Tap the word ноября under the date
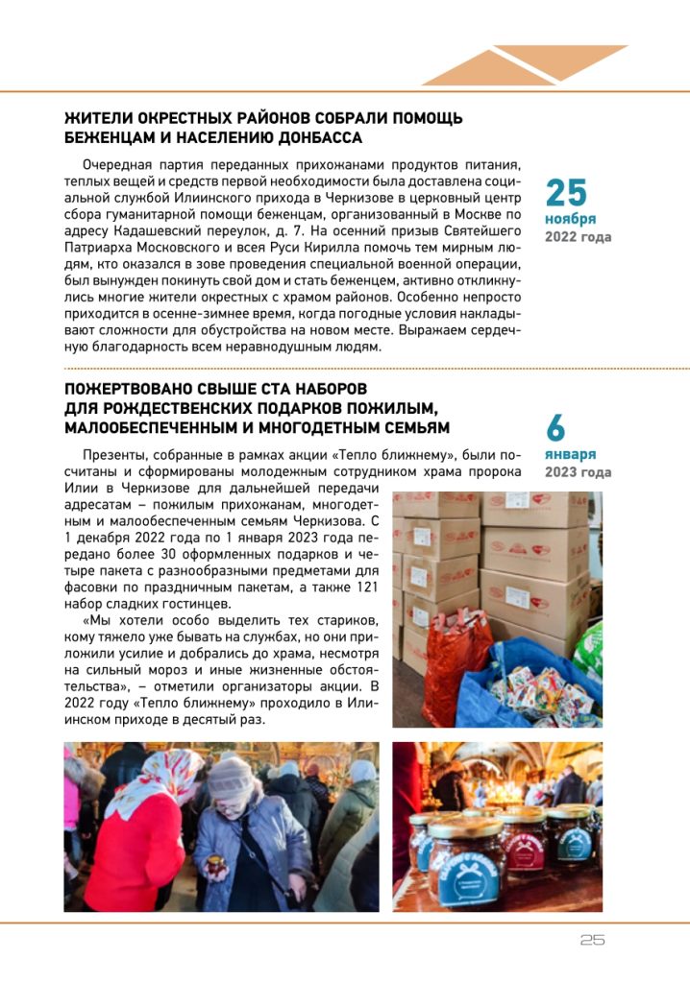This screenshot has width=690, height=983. (566, 220)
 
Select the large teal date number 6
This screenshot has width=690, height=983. (556, 427)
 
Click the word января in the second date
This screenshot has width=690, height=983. (570, 454)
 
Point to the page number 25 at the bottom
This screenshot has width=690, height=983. (593, 941)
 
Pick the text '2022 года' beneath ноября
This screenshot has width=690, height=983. (578, 237)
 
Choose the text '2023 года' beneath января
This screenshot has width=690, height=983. (578, 472)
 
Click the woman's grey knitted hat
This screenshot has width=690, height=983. (232, 775)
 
